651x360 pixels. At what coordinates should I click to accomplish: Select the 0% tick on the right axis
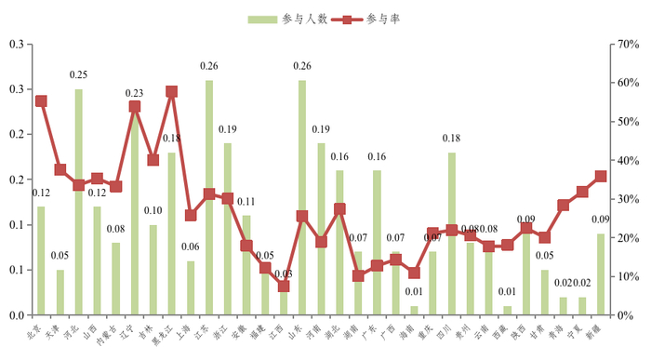tap(621, 315)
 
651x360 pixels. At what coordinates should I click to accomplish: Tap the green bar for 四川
tap(452, 233)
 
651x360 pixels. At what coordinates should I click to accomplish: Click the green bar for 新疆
tap(601, 273)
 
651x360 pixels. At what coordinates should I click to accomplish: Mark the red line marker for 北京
tap(41, 100)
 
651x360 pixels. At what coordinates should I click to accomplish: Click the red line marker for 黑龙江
tap(172, 92)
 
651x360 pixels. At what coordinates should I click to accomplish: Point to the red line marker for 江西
tap(284, 286)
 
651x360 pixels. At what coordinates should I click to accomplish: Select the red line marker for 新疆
tap(601, 176)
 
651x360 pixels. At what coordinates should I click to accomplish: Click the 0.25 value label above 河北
tap(78, 74)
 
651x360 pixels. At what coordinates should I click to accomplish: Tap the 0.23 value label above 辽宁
tap(134, 92)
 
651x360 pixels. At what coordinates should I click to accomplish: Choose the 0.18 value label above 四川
tap(451, 138)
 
